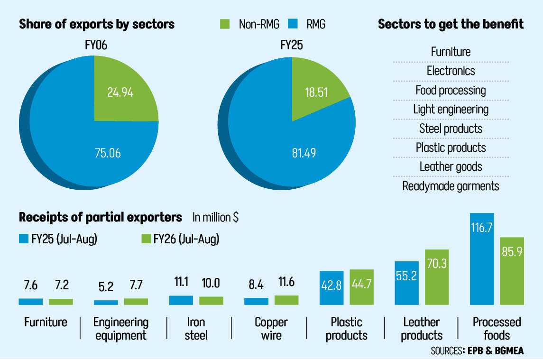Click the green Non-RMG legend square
pos(226,24)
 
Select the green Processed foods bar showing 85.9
pos(512,270)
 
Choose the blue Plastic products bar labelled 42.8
pos(331,287)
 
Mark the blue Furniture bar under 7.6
pos(31,301)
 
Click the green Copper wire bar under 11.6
pos(286,300)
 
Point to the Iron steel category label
pos(196,329)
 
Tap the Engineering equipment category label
pos(120,329)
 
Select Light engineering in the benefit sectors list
pos(451,110)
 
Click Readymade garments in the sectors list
pos(451,186)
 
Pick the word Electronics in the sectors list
pos(451,71)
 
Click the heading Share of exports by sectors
pos(97,24)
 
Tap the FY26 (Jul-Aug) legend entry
pos(180,239)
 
